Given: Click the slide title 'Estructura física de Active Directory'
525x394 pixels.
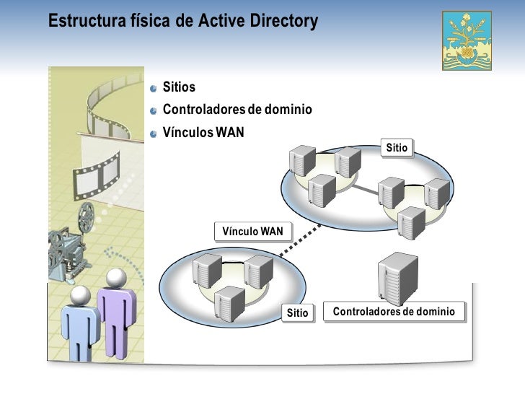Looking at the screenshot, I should point(182,22).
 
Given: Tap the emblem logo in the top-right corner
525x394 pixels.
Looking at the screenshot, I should point(469,40).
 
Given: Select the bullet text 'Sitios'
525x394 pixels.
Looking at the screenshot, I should point(179,88).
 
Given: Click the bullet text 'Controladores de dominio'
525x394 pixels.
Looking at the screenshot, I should point(237,110).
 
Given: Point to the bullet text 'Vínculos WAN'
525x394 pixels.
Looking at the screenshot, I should point(204,133).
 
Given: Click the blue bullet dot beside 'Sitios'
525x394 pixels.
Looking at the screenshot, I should point(154,89).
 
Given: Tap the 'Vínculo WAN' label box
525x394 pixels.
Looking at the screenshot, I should point(253,231).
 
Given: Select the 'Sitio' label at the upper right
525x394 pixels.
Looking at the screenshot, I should point(397,148).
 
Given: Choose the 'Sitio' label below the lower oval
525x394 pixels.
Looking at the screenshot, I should point(297,313).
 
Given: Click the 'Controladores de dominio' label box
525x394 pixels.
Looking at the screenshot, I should point(394,312).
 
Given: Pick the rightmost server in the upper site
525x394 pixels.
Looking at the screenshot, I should point(437,193).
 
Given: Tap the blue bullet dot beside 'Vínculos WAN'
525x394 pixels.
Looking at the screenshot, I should point(154,133).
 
